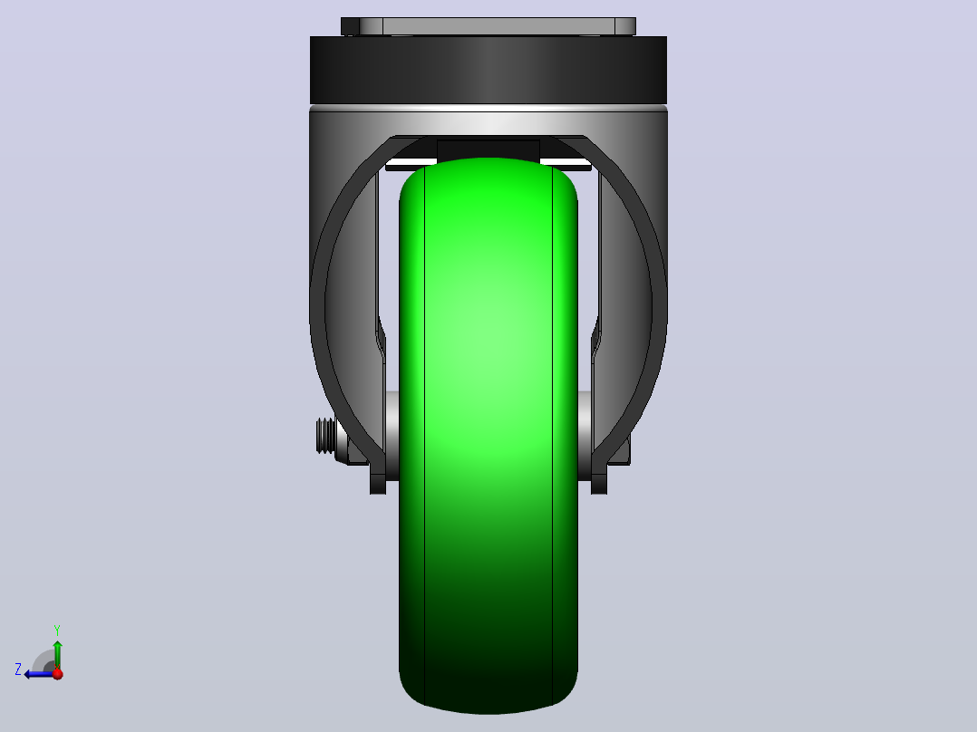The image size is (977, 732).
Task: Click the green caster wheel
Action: pyautogui.click(x=488, y=436)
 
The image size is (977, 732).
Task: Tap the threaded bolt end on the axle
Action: pyautogui.click(x=324, y=436)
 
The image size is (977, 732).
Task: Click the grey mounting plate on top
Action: pyautogui.click(x=488, y=26)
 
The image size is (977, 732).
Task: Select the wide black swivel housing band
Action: pyautogui.click(x=488, y=70)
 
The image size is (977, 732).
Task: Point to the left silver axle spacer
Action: pyautogui.click(x=392, y=436)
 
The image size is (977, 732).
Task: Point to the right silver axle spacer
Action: pyautogui.click(x=585, y=436)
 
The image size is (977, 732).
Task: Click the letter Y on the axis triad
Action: pyautogui.click(x=57, y=630)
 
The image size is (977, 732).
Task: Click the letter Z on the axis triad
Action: pyautogui.click(x=18, y=669)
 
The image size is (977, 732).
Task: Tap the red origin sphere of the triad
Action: pyautogui.click(x=57, y=673)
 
